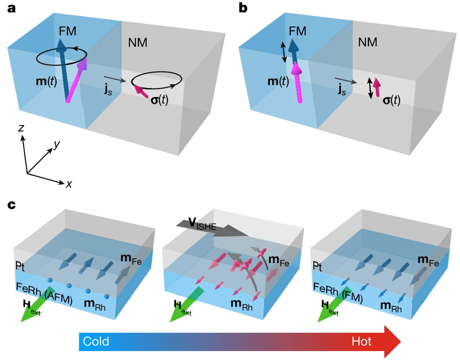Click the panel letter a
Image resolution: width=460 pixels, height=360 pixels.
[x=10, y=9]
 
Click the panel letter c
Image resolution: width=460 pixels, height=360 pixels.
[x=10, y=205]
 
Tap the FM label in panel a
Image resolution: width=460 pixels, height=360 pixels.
[x=68, y=31]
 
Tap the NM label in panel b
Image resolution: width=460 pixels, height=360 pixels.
[x=368, y=42]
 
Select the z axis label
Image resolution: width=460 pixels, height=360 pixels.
[x=21, y=128]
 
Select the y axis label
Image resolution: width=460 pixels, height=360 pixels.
[x=57, y=144]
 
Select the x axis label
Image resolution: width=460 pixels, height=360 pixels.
[x=69, y=184]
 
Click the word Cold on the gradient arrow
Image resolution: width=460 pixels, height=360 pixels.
[x=96, y=341]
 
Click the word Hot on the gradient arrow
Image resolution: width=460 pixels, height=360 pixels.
[x=362, y=341]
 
